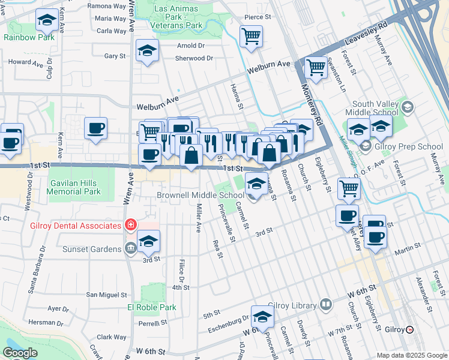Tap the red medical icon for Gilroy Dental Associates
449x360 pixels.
point(130,225)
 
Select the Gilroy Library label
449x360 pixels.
point(292,305)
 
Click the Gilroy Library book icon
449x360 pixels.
point(325,305)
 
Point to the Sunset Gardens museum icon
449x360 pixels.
point(131,248)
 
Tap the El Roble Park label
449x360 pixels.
point(151,307)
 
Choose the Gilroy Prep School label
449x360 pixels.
point(409,146)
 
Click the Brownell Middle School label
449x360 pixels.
point(200,195)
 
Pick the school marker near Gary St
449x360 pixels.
point(146,51)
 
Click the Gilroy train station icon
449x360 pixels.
point(410,329)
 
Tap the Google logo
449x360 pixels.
point(20,353)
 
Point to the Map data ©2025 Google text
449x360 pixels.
point(411,355)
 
